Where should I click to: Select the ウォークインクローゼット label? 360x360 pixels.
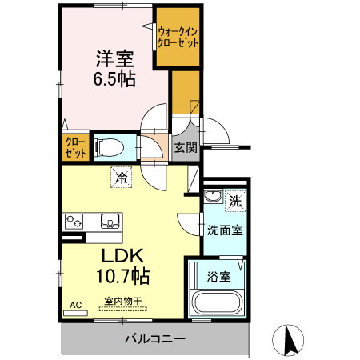click(178, 38)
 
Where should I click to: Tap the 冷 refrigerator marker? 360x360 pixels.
click(122, 178)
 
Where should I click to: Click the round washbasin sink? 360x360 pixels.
click(214, 198)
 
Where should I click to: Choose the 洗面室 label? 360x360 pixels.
click(225, 230)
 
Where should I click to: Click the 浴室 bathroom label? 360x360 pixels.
click(219, 277)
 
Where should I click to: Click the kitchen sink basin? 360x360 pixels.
click(109, 221)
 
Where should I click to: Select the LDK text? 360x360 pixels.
click(122, 256)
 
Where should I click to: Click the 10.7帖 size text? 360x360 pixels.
click(122, 277)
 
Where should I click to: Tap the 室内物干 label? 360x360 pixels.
click(122, 301)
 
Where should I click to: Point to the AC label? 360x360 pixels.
click(76, 304)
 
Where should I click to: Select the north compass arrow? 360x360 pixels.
click(290, 339)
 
